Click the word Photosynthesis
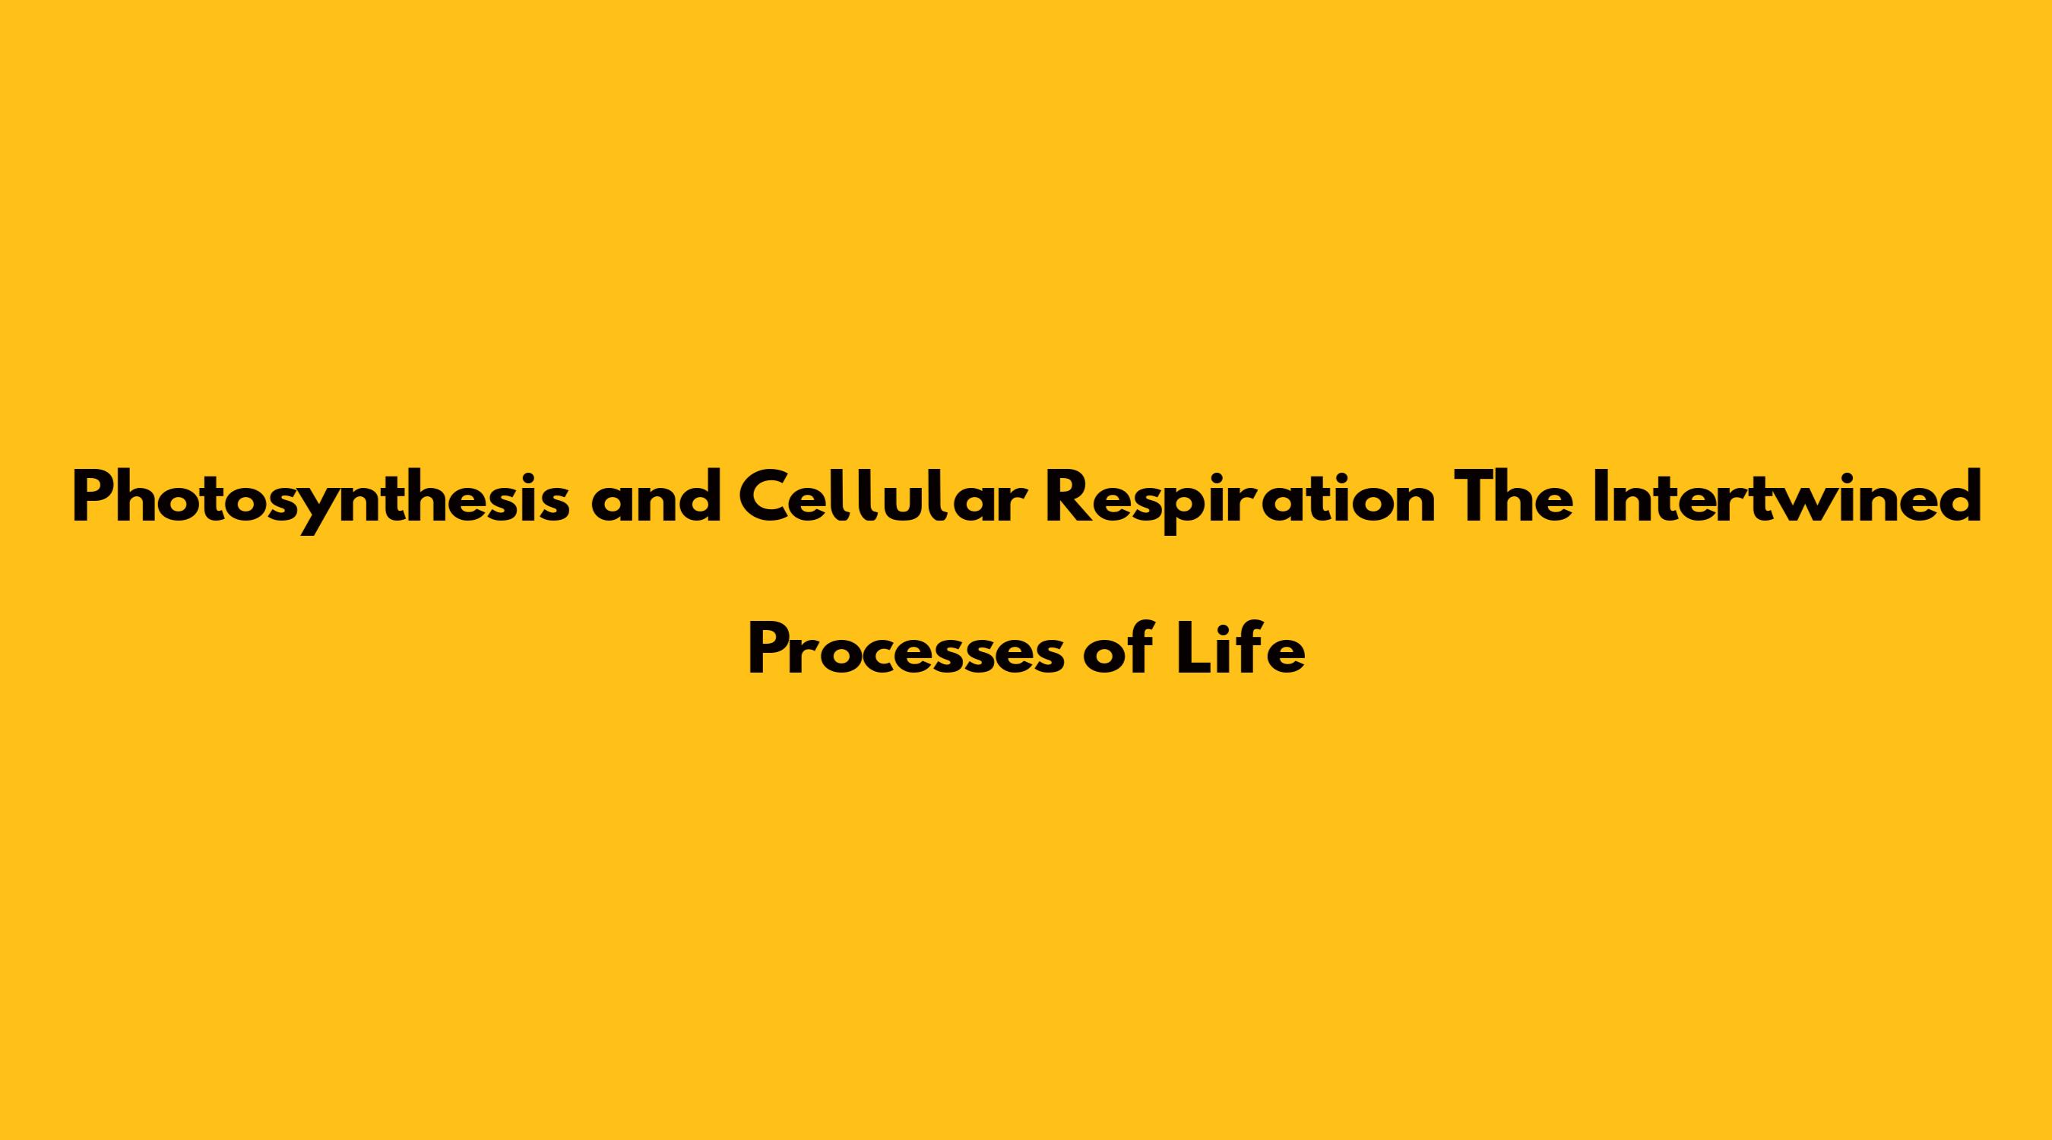[321, 499]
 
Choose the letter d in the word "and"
[698, 497]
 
